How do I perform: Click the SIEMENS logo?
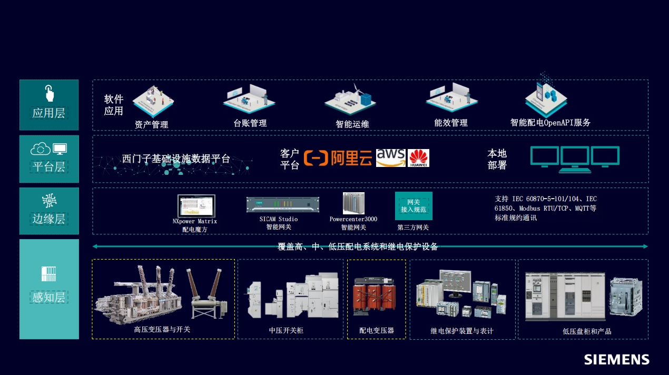616,360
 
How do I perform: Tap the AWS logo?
390,157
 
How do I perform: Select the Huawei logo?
419,158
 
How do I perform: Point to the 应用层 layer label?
48,113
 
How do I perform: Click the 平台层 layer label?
48,167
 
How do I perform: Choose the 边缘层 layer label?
48,219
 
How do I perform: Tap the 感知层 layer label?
48,297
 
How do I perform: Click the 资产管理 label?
152,125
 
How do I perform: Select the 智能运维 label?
352,124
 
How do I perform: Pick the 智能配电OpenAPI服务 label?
550,123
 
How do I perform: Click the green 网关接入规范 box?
414,206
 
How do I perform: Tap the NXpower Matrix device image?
196,206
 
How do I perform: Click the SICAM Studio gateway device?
282,204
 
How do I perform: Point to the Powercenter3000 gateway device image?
353,203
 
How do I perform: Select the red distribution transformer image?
376,297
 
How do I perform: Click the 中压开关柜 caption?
286,331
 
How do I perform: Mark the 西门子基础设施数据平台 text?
176,159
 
